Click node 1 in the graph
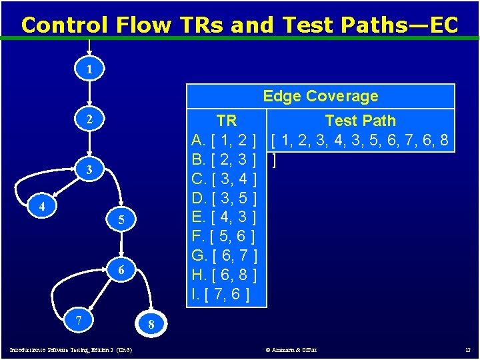(x=89, y=69)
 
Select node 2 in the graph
(x=89, y=120)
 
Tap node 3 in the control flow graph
(x=89, y=171)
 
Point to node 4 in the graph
(x=42, y=207)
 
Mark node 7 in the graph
(x=79, y=320)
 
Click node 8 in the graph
(x=151, y=325)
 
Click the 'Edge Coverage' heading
(x=320, y=96)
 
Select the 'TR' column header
(x=227, y=121)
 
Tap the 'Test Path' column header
(x=360, y=121)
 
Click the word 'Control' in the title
(x=65, y=25)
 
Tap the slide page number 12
(x=467, y=350)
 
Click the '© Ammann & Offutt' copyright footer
(x=291, y=350)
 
